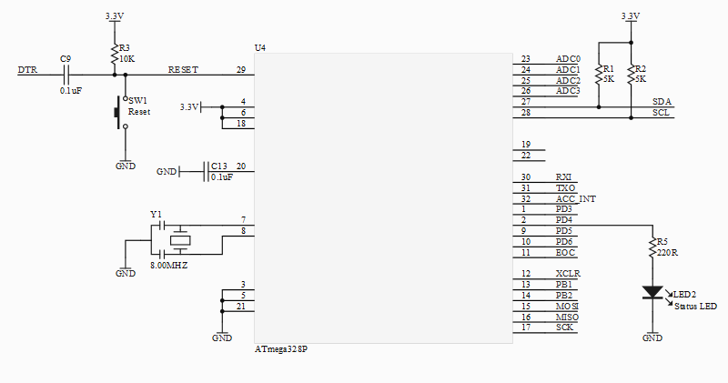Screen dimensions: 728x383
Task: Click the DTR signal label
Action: [27, 70]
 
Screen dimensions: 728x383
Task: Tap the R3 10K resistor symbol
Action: [114, 55]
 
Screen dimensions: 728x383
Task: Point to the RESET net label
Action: [183, 70]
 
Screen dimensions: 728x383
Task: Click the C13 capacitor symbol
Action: [206, 172]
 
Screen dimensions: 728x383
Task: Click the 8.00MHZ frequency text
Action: [169, 266]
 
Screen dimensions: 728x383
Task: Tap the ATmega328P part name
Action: [281, 349]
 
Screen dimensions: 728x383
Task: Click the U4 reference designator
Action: [260, 48]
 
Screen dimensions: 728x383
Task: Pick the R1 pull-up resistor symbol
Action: [599, 75]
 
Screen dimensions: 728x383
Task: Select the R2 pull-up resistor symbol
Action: [631, 75]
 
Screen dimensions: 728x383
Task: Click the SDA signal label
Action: [662, 102]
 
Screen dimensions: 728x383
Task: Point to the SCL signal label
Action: [662, 113]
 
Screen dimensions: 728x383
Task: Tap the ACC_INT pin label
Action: [576, 198]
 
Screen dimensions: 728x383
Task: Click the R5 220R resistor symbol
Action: [652, 248]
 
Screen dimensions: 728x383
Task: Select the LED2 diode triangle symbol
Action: [652, 292]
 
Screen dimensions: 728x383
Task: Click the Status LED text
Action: [695, 307]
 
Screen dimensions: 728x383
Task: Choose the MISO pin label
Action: [567, 317]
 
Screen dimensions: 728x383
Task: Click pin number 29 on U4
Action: [241, 70]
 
